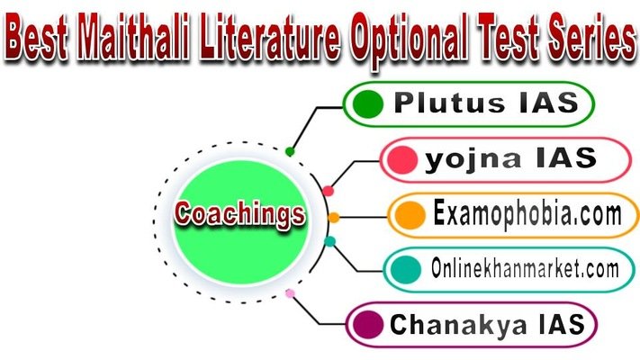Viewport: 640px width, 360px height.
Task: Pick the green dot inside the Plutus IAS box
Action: [x=368, y=104]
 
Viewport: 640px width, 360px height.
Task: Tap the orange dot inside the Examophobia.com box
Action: [x=410, y=215]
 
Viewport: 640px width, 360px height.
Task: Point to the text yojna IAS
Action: [x=510, y=159]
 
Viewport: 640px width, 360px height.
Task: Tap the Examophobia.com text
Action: [x=527, y=215]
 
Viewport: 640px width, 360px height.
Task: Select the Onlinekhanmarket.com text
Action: [x=524, y=268]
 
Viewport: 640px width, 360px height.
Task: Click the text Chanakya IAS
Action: [x=487, y=323]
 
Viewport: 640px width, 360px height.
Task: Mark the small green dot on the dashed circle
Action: [x=289, y=152]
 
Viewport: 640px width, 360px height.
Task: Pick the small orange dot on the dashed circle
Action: [x=334, y=217]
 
